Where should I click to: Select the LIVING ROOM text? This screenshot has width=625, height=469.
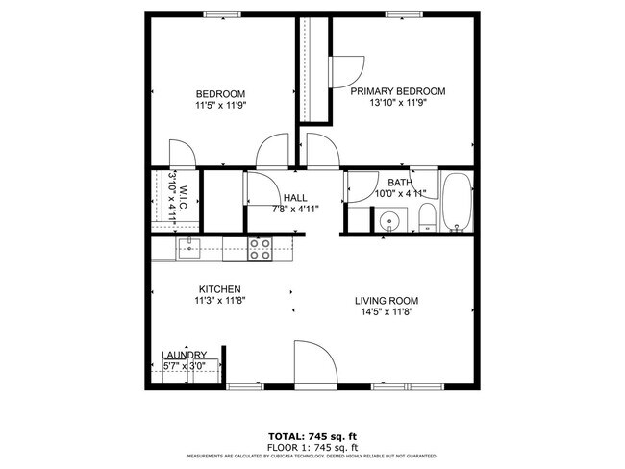pyautogui.click(x=389, y=300)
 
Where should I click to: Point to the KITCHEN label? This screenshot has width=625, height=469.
pyautogui.click(x=219, y=289)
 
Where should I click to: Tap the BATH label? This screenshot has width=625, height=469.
pyautogui.click(x=399, y=182)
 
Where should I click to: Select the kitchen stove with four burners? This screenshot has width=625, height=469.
pyautogui.click(x=260, y=249)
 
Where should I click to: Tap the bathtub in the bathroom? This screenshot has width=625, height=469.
pyautogui.click(x=457, y=204)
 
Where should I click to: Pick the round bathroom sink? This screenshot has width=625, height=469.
pyautogui.click(x=389, y=222)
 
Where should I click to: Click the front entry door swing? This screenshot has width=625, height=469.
pyautogui.click(x=313, y=363)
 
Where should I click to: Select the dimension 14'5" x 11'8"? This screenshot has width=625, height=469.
pyautogui.click(x=389, y=312)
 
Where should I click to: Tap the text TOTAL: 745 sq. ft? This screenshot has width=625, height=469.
pyautogui.click(x=313, y=434)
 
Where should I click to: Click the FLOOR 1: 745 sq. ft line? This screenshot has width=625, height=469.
pyautogui.click(x=313, y=446)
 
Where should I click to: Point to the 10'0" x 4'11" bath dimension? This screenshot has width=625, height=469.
pyautogui.click(x=399, y=193)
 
